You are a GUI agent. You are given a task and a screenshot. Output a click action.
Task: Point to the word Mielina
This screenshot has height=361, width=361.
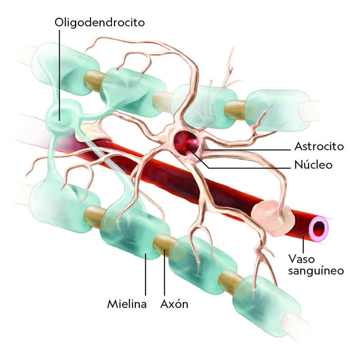point(127,304)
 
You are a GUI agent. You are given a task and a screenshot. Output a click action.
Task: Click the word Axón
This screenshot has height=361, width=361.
point(174,304)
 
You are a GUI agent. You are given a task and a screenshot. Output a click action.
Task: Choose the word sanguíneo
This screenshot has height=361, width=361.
point(316,271)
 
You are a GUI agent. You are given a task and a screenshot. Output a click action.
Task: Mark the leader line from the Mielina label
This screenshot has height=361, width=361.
point(145,276)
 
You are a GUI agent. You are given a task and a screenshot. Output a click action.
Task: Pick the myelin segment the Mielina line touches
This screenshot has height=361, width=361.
point(135,235)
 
